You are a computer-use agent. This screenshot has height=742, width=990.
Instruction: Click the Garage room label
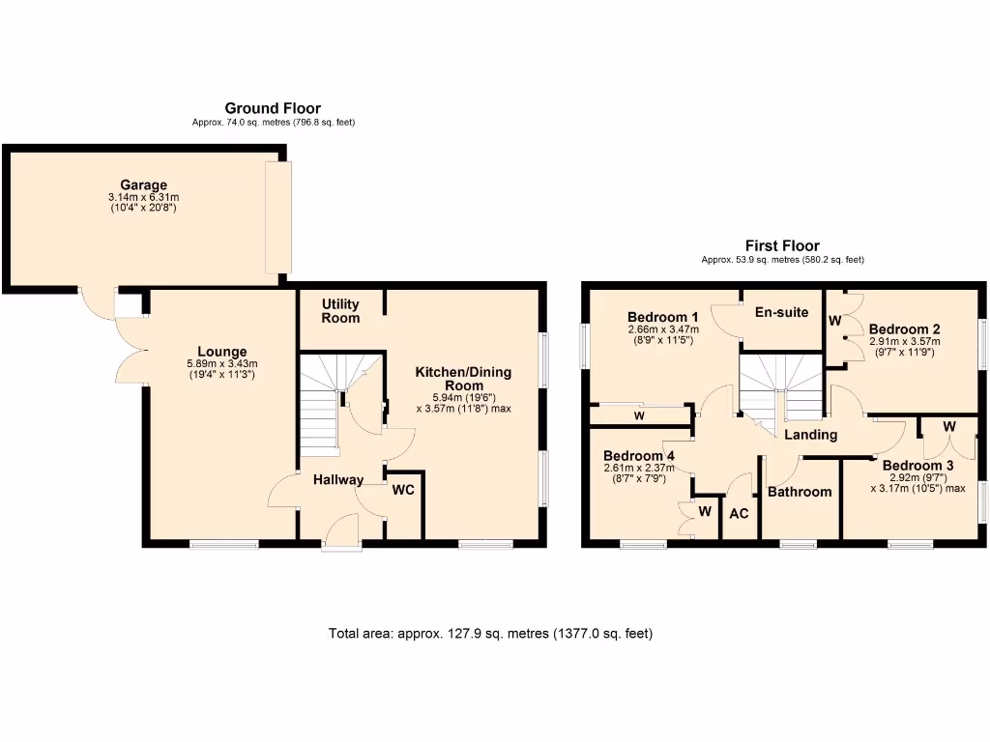coord(143,185)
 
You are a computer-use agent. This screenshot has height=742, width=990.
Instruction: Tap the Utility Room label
coord(340,311)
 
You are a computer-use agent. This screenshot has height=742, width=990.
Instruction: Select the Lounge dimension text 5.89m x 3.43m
coord(222,363)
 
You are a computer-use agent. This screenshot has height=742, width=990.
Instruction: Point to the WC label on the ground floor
coord(403,490)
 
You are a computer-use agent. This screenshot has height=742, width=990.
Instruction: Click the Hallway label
coord(337,479)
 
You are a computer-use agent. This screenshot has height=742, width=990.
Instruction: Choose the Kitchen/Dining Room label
coord(463,379)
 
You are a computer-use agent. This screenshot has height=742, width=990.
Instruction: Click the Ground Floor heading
coord(273,108)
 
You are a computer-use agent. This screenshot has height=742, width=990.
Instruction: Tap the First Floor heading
coord(782,245)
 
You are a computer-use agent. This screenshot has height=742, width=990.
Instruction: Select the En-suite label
coord(782,312)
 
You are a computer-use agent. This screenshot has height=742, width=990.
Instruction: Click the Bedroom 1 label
coord(663,317)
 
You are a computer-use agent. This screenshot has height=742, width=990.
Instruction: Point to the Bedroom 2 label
coord(904,328)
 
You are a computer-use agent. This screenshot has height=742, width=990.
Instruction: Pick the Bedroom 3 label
coord(917,465)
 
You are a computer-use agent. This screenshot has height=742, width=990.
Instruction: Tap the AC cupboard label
coord(739,514)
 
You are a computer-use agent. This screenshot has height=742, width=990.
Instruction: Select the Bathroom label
coord(800,492)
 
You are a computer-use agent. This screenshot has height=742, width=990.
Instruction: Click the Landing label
coord(810,435)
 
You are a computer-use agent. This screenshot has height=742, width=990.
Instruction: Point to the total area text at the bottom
coord(491,634)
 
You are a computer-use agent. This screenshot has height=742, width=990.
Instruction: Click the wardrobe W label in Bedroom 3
coord(949,426)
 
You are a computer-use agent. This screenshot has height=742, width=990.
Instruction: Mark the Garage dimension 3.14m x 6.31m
coord(143,198)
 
